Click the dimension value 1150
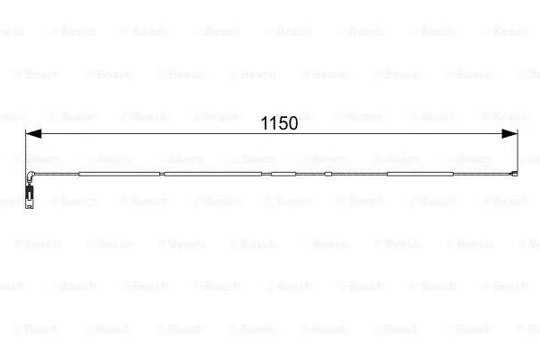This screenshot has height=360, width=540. pyautogui.click(x=279, y=123)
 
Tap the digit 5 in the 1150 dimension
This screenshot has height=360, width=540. pyautogui.click(x=283, y=123)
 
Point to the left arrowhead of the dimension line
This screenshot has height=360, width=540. pyautogui.click(x=33, y=134)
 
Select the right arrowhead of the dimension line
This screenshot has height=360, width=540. pyautogui.click(x=509, y=134)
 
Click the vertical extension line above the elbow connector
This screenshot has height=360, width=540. pyautogui.click(x=26, y=151)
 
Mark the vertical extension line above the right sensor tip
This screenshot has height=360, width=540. pyautogui.click(x=517, y=151)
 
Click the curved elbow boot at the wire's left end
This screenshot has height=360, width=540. pyautogui.click(x=30, y=176)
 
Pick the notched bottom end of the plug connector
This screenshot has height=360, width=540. pyautogui.click(x=30, y=205)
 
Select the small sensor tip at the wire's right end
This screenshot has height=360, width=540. pyautogui.click(x=515, y=174)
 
